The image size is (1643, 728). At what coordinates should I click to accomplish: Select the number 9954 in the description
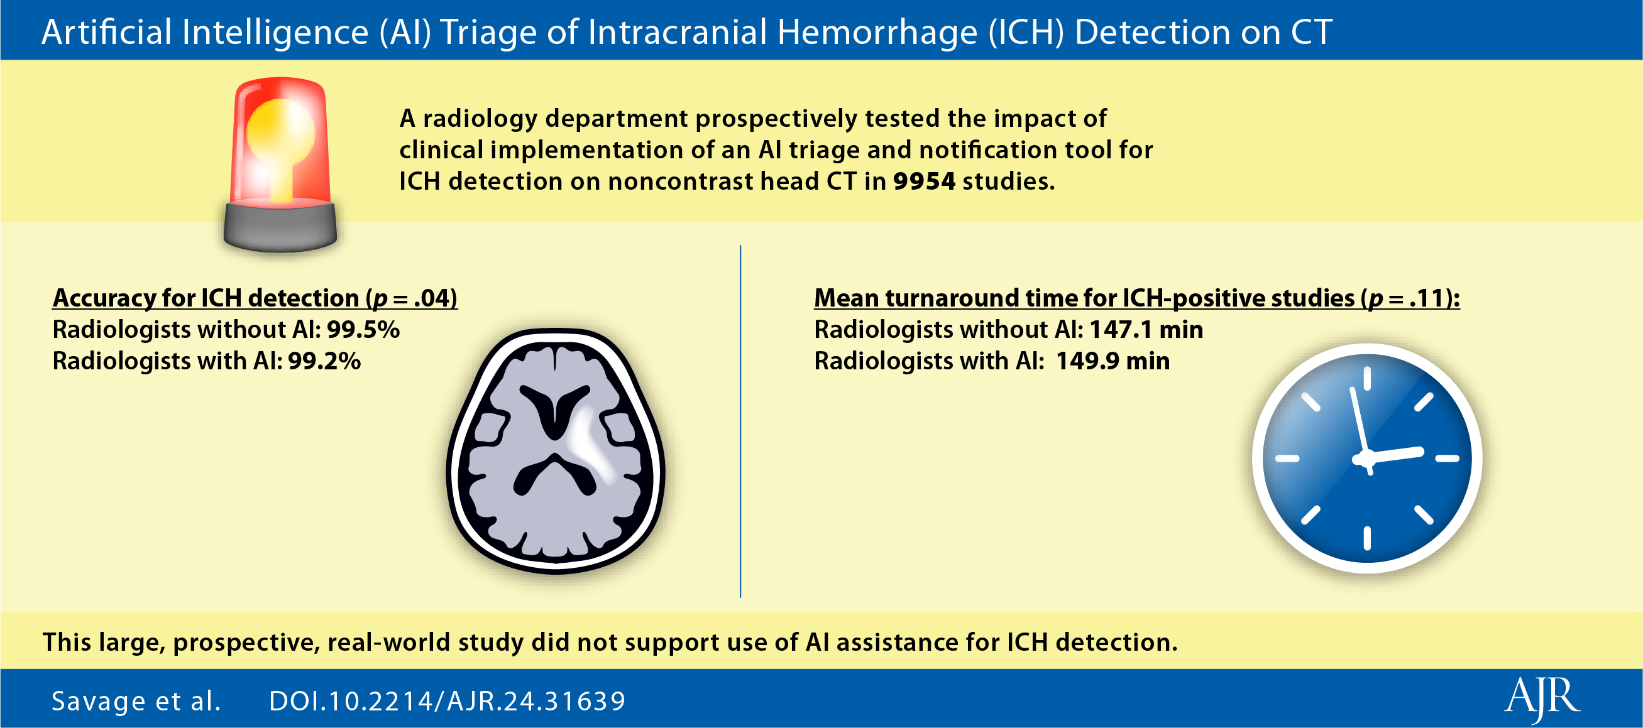(924, 182)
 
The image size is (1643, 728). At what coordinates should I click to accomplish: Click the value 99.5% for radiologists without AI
(363, 330)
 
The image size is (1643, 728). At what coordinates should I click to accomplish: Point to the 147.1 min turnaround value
(1146, 330)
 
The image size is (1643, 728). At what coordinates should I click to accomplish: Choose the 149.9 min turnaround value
(1113, 361)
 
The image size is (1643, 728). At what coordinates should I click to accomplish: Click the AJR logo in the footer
(1542, 700)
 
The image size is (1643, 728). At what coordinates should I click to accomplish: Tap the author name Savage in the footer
(99, 701)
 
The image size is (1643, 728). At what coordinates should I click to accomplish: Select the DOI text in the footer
(447, 701)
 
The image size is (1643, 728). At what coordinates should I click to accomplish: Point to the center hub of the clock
(1365, 459)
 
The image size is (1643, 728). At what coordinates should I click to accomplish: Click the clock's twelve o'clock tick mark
(1367, 379)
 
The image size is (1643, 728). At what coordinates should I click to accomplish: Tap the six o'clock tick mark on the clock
(1367, 539)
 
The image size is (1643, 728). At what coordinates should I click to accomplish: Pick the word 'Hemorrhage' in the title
(877, 33)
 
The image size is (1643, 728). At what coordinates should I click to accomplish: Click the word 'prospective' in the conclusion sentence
(246, 643)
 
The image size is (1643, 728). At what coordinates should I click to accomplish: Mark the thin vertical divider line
(740, 421)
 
